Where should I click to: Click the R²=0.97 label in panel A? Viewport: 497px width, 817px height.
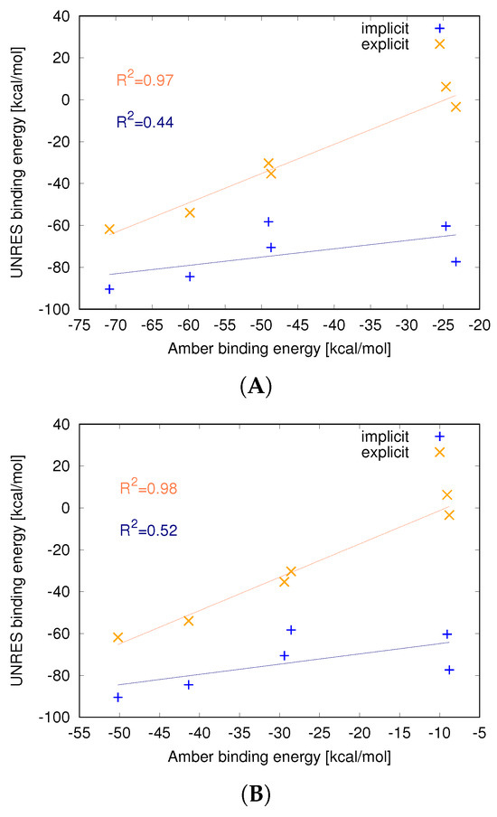[145, 80]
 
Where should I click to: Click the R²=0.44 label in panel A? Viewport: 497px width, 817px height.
[145, 121]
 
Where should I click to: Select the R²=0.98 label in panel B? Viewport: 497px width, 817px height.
[148, 488]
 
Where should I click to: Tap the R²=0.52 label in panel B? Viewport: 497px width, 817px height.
[148, 530]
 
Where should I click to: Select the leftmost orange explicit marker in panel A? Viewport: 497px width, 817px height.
[109, 230]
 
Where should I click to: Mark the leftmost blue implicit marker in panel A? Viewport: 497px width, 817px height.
[109, 289]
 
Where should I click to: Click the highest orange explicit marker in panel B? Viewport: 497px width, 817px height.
[446, 495]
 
